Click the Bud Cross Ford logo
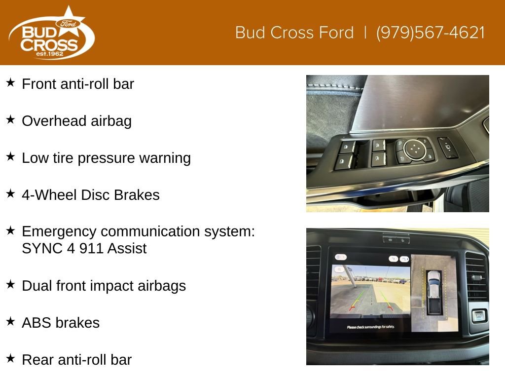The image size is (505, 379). (51, 33)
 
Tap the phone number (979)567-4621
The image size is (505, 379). (430, 33)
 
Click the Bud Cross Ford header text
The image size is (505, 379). (294, 33)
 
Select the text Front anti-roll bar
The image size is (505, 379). (78, 84)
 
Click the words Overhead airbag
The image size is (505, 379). (76, 121)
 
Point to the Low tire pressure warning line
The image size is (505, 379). (107, 158)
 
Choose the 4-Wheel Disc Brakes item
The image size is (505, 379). (91, 195)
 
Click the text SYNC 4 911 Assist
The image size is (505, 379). (84, 249)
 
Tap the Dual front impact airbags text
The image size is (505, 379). (104, 286)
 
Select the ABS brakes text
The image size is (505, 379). (61, 323)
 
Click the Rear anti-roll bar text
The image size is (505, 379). (76, 360)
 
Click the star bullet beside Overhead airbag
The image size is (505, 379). (10, 119)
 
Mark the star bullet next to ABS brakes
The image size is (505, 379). (10, 321)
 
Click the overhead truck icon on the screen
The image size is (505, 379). (434, 292)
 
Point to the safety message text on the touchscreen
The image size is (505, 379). (370, 327)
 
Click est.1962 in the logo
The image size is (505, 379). (50, 54)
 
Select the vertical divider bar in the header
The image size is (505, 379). (365, 33)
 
